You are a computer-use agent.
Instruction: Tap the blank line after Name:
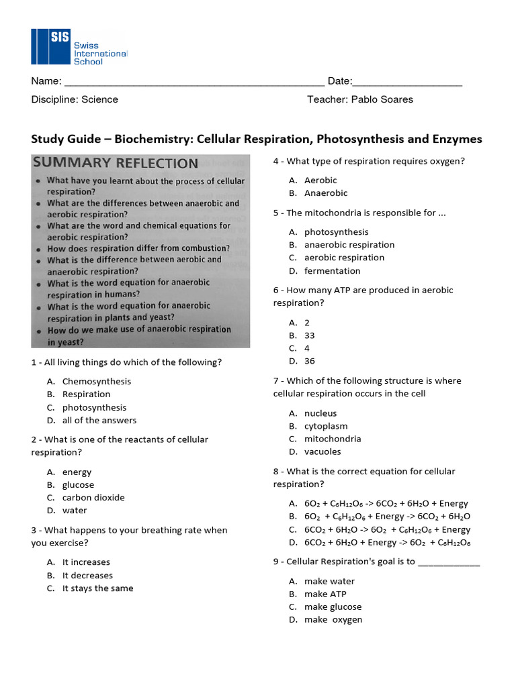click(x=193, y=85)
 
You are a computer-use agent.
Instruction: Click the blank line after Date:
click(x=407, y=85)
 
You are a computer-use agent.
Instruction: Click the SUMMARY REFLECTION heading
click(x=116, y=163)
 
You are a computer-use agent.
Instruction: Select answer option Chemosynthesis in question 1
click(x=97, y=381)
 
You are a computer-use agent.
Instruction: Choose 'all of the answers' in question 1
click(x=99, y=420)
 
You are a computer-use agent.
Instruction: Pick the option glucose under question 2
click(x=78, y=484)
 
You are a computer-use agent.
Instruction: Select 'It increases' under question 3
click(x=86, y=562)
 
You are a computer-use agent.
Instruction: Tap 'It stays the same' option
click(x=97, y=588)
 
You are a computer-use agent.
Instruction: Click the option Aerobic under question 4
click(x=320, y=180)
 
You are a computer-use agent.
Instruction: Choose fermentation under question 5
click(x=332, y=271)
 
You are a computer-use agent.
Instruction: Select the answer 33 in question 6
click(x=309, y=335)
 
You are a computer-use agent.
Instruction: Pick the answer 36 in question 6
click(x=309, y=361)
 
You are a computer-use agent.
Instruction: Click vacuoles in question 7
click(x=322, y=452)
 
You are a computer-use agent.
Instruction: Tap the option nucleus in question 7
click(x=320, y=413)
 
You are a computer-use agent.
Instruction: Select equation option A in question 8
click(x=386, y=504)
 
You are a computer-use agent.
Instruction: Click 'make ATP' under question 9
click(x=325, y=594)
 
